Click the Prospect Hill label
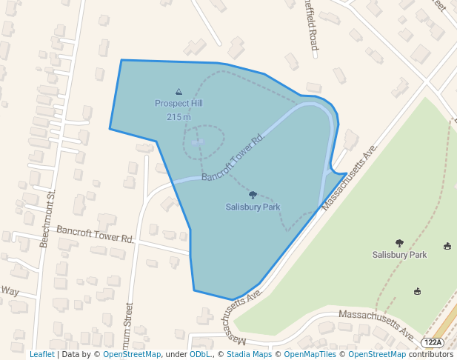179,104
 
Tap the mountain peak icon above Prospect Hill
179,91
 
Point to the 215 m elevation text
179,117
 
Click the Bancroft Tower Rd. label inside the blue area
233,157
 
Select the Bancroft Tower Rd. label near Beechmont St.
96,235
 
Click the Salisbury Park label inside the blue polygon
253,207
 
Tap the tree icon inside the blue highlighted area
253,196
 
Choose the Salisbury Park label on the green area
399,255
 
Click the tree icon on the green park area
399,243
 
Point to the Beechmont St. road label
50,219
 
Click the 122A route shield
433,342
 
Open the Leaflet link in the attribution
41,355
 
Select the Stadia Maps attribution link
249,355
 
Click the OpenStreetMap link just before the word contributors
377,355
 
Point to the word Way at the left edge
10,291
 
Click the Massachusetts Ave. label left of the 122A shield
376,326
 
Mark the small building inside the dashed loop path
198,141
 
